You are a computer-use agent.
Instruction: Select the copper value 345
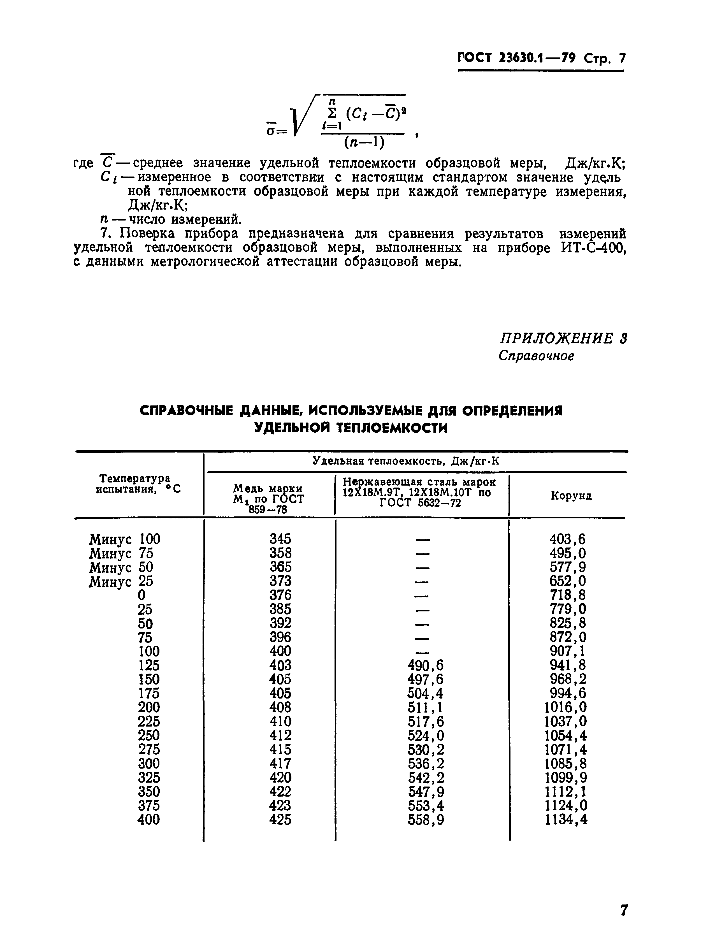(x=280, y=539)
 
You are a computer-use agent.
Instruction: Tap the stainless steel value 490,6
(x=425, y=665)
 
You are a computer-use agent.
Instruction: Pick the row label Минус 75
(x=121, y=553)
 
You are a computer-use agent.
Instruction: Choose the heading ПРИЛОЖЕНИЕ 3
(x=563, y=338)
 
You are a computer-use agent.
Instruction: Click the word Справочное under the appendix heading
(x=536, y=356)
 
